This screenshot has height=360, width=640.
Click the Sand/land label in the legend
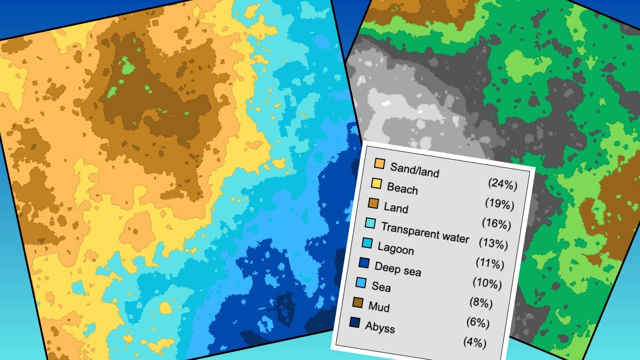(414, 170)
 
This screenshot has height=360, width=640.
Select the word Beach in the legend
(402, 188)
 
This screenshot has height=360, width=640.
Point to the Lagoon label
(395, 248)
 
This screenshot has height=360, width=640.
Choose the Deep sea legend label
(397, 268)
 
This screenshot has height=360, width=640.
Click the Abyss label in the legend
(379, 327)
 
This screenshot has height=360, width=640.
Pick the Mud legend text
(378, 306)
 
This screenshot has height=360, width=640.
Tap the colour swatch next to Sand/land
(379, 164)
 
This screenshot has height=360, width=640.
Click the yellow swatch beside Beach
(376, 183)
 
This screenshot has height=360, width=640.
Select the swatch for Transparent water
(370, 223)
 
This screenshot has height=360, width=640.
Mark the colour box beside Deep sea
(364, 263)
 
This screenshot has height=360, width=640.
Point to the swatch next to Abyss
(355, 322)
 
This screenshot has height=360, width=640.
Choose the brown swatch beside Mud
(358, 302)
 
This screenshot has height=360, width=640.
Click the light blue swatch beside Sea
(361, 282)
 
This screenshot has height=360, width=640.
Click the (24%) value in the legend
(502, 184)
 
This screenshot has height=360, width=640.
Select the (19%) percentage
(499, 204)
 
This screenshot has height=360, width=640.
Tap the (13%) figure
(493, 243)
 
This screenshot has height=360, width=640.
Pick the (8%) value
(481, 303)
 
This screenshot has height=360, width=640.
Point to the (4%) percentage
(474, 342)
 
